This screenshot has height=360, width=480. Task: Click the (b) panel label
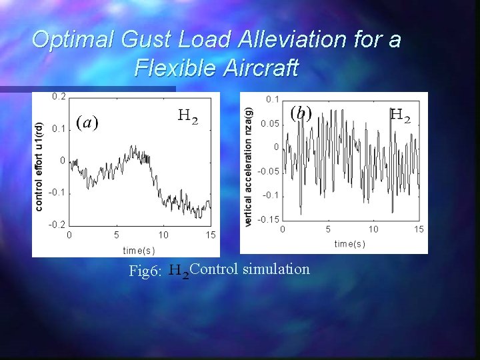[301, 112]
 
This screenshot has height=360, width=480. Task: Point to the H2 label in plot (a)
[187, 117]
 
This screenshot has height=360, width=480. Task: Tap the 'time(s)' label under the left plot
[139, 250]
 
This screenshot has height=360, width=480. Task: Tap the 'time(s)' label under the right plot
[349, 244]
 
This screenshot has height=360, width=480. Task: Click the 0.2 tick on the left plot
[59, 97]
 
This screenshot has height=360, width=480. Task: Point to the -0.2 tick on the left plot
[57, 224]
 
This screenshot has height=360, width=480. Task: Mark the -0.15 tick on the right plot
[269, 219]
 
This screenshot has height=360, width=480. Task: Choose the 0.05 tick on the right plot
[270, 123]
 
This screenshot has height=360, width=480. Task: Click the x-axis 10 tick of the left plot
[163, 235]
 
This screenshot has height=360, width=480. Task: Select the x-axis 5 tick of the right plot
[327, 229]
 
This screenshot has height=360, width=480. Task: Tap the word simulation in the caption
[277, 269]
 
